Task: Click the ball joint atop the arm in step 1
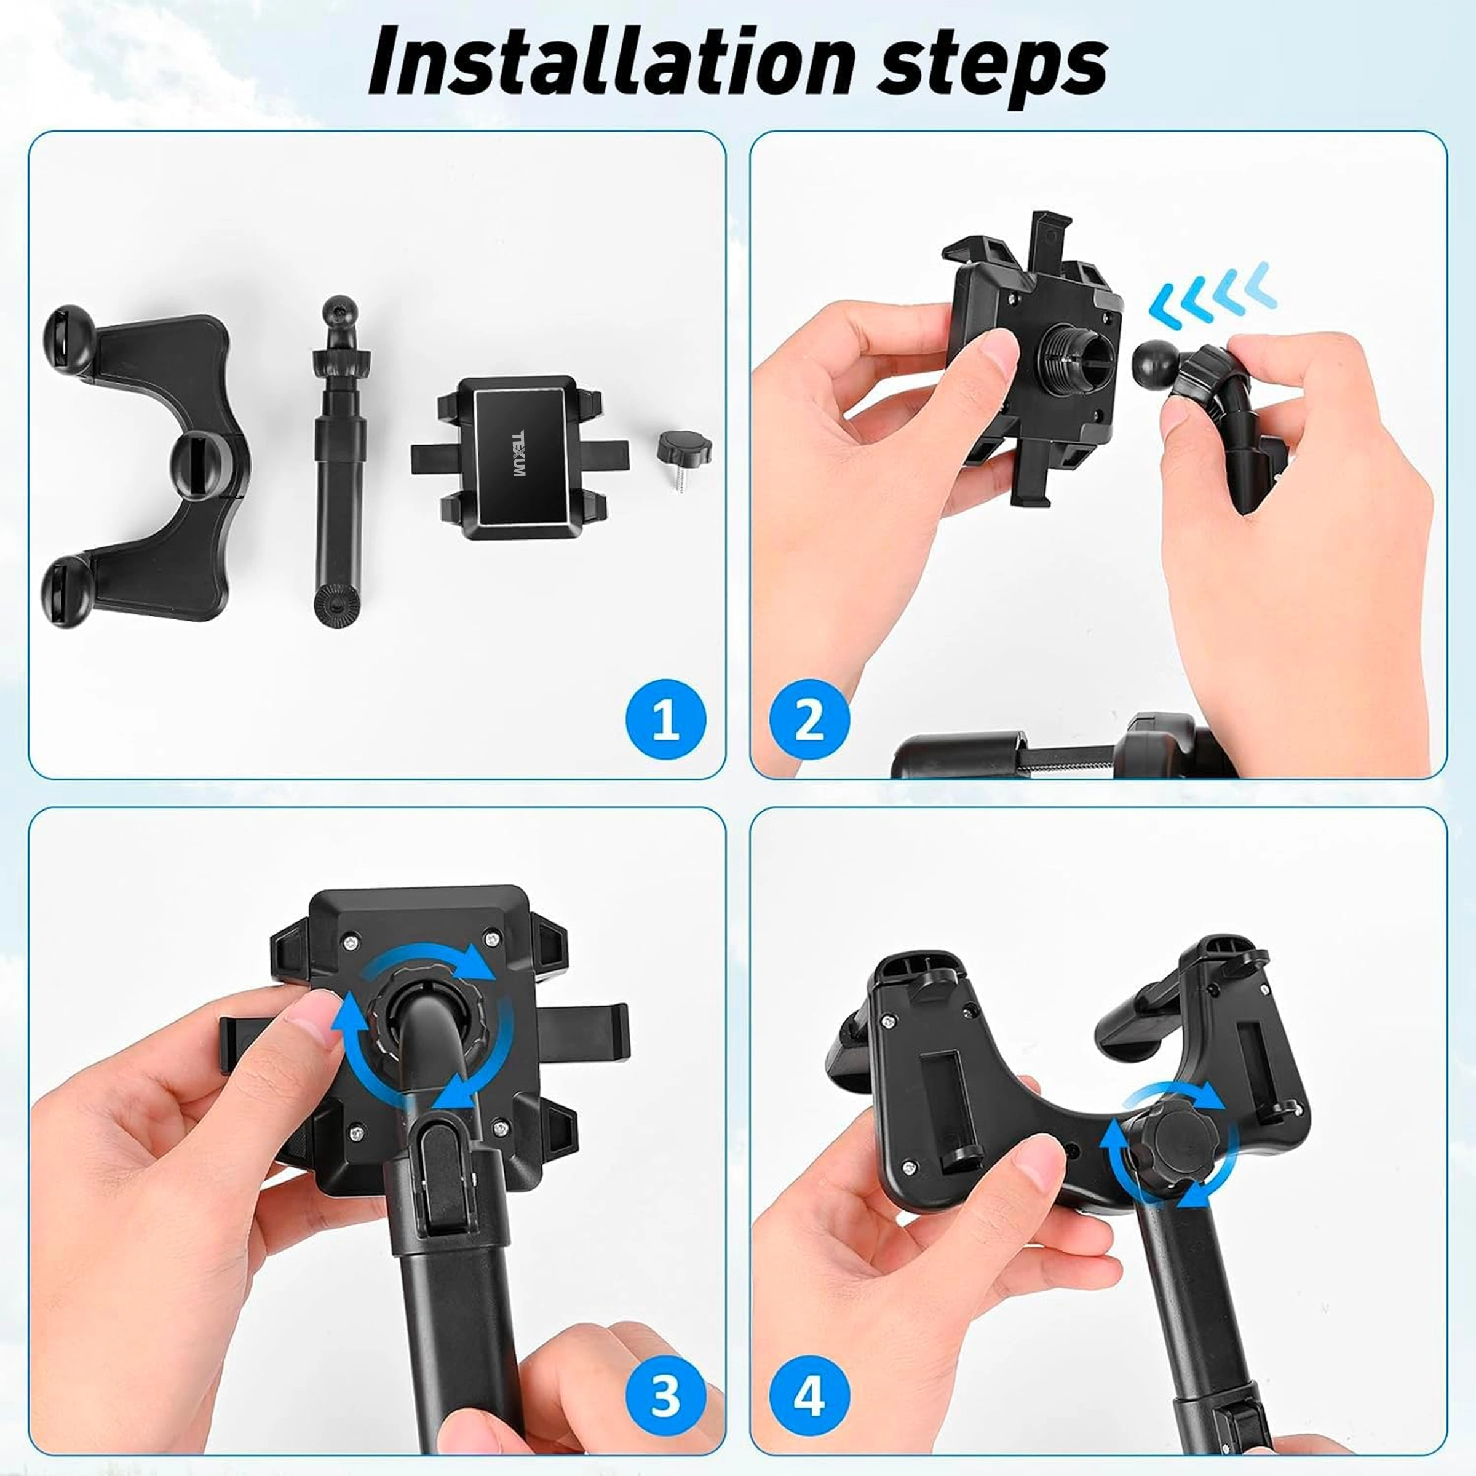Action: pyautogui.click(x=336, y=311)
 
